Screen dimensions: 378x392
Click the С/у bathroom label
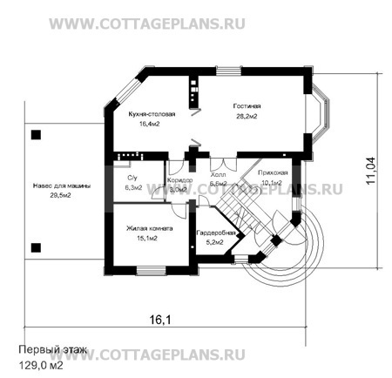(x=132, y=178)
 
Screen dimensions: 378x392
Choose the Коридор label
(x=178, y=179)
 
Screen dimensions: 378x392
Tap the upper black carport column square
(x=36, y=135)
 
